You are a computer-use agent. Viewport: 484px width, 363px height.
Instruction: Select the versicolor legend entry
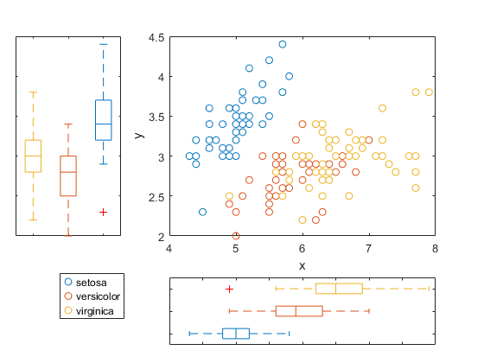point(98,296)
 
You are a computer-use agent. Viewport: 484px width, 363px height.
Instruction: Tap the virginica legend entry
point(96,309)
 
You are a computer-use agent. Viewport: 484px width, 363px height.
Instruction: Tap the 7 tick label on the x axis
point(369,248)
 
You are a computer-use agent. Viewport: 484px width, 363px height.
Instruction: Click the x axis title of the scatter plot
point(302,264)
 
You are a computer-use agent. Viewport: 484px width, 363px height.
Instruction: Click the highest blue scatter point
point(283,44)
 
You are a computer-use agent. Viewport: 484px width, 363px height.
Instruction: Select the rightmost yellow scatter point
point(429,92)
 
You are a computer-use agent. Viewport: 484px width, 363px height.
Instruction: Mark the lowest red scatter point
point(236,236)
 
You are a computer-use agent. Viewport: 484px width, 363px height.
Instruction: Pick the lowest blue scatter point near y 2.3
point(202,212)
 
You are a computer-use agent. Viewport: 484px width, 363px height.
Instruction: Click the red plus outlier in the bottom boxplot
point(229,289)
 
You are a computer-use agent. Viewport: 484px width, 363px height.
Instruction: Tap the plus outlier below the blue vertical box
point(103,212)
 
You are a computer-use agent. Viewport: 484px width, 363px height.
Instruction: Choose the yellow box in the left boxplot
point(33,156)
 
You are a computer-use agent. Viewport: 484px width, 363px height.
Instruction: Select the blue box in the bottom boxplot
point(236,334)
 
